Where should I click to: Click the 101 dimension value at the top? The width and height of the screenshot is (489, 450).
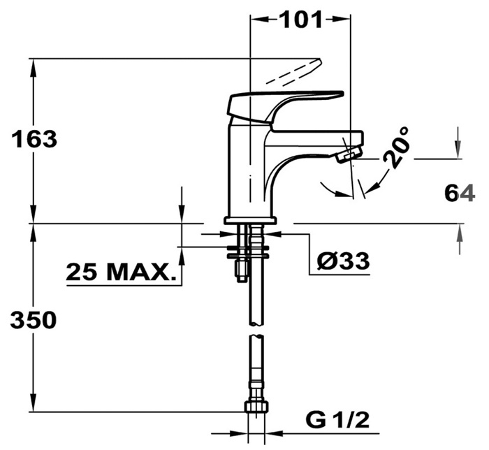(x=301, y=20)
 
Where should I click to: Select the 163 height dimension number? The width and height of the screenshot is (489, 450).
(x=34, y=139)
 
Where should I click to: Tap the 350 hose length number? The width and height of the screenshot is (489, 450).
(x=34, y=320)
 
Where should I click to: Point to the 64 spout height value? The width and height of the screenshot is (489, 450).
(x=460, y=194)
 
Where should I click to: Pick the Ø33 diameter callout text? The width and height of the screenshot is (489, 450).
(x=343, y=261)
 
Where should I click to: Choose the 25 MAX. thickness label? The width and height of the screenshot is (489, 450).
(x=121, y=272)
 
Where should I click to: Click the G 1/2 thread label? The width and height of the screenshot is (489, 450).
(x=337, y=420)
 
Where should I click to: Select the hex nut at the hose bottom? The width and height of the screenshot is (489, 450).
(x=256, y=407)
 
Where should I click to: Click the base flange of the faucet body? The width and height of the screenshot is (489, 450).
(x=250, y=221)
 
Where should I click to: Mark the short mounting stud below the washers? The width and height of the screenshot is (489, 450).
(x=242, y=270)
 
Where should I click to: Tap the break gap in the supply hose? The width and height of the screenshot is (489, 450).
(x=256, y=331)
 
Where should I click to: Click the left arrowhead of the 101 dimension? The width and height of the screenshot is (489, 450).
(x=259, y=20)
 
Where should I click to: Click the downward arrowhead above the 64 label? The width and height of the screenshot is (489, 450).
(x=458, y=150)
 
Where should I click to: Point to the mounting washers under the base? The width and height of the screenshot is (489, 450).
(x=248, y=252)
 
